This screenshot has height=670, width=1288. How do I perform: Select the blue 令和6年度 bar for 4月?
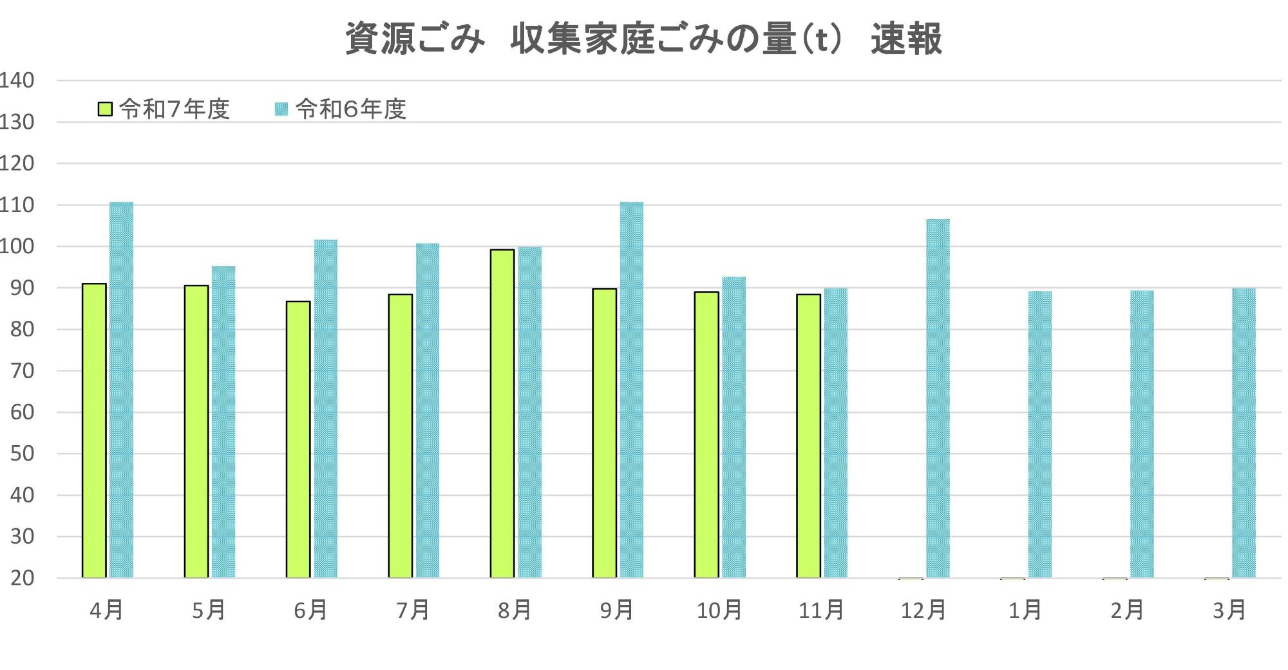tap(122, 390)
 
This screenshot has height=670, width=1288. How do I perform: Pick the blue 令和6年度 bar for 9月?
tap(632, 390)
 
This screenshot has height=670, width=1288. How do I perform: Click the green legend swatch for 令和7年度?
tap(106, 109)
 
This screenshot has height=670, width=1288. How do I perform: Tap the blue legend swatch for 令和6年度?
tap(281, 109)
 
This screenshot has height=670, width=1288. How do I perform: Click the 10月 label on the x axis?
tap(719, 609)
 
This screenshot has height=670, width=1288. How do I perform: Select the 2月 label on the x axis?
tap(1127, 609)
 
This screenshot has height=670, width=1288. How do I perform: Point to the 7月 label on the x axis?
tap(413, 609)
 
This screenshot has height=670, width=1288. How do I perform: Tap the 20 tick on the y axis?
tap(22, 578)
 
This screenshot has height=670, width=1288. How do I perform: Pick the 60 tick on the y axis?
tap(22, 412)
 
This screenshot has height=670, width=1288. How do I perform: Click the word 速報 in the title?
tap(906, 39)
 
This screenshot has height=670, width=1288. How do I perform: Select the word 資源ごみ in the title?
tap(415, 39)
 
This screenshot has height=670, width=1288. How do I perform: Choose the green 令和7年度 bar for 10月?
tap(706, 435)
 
